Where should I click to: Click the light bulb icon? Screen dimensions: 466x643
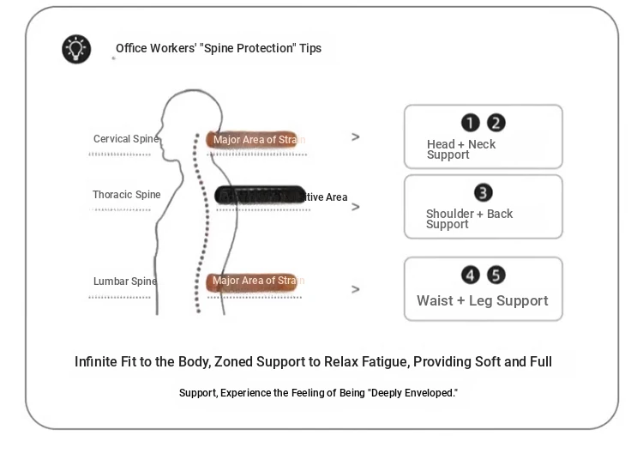pos(76,49)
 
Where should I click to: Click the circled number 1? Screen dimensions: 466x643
pos(471,124)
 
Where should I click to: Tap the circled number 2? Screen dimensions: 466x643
pos(496,124)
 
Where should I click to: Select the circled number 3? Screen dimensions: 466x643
pos(484,193)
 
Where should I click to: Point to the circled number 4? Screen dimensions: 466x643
pos(471,275)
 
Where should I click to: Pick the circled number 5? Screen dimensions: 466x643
pos(496,275)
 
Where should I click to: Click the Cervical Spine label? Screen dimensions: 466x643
pos(125,139)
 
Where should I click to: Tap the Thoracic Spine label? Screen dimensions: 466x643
pos(126,195)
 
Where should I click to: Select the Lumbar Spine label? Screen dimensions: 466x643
pos(124,281)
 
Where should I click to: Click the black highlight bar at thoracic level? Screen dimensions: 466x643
pos(259,196)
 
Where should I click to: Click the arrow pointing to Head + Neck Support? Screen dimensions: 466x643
pos(356,137)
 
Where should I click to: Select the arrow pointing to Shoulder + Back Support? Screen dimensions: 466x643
pos(356,207)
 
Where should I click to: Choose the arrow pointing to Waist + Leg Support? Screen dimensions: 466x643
pos(356,289)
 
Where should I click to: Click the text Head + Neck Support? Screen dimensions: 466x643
pos(461,149)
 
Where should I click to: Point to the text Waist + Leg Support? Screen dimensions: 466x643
pos(482,301)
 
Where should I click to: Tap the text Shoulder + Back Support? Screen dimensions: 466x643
pos(469,219)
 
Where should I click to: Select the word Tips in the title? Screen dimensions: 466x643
pos(310,48)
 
